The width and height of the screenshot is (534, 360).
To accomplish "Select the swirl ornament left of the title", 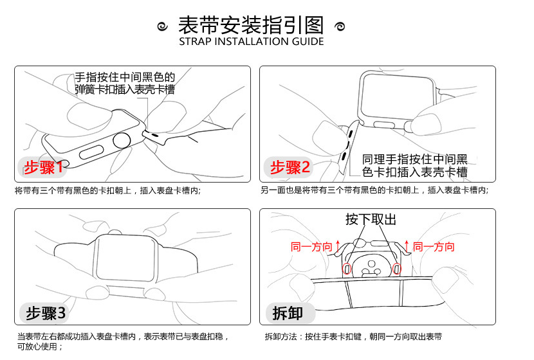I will [x=163, y=26].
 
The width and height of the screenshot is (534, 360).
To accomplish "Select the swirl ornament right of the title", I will [x=340, y=26].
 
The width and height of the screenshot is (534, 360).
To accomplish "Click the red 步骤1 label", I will [x=44, y=168].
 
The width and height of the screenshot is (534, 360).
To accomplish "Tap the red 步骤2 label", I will [x=290, y=168].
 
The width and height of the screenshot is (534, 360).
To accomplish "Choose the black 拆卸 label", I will [x=287, y=313].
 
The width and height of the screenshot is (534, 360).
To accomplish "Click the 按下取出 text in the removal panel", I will [x=371, y=219].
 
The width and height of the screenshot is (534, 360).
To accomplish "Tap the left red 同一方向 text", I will [x=311, y=247].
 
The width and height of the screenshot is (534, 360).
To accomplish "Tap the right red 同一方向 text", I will [x=434, y=247].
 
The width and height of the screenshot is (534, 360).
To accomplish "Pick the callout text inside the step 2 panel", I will [x=415, y=165].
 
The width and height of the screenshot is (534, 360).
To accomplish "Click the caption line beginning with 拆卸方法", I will [x=353, y=336].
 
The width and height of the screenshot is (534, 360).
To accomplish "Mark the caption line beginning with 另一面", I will [x=374, y=190].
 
